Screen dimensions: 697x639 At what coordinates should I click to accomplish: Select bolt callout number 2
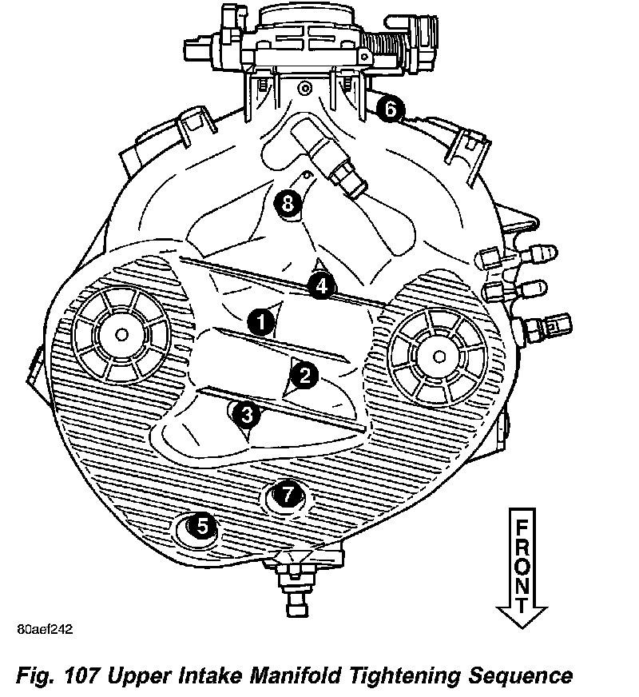click(x=304, y=373)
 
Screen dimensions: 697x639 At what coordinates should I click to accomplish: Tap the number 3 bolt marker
click(x=248, y=415)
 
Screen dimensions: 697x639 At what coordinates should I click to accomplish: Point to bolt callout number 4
click(x=320, y=285)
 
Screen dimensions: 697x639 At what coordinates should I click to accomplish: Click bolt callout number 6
click(x=389, y=109)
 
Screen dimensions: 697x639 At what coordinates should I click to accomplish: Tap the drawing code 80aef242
click(x=44, y=629)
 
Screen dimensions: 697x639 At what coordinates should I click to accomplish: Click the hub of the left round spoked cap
click(x=121, y=332)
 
